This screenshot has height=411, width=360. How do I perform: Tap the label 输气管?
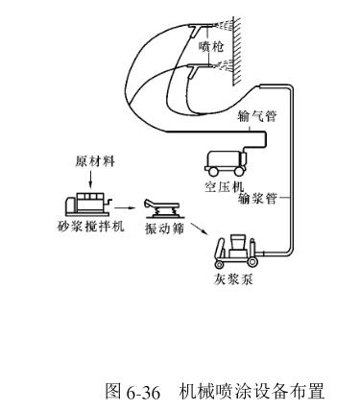pos(256,116)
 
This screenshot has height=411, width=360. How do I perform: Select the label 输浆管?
pos(257,199)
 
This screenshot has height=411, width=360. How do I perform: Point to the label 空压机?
pos(224,186)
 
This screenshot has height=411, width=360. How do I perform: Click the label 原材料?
pos(95,161)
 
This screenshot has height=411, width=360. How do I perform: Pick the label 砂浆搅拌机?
pos(90,227)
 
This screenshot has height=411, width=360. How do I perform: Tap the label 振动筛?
pos(164,229)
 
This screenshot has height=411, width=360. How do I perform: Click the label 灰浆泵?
pos(233,279)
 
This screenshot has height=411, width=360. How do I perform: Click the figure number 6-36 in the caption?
pos(143,392)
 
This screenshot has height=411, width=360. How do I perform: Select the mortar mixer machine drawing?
pos(88,204)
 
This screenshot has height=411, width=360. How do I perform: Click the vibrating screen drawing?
pos(161,208)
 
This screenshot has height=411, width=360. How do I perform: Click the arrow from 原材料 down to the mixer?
pos(90,179)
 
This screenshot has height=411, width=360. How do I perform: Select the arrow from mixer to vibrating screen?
pos(124,208)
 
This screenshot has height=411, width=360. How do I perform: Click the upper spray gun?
pos(203,28)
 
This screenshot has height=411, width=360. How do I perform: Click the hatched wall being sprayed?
pos(237,51)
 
